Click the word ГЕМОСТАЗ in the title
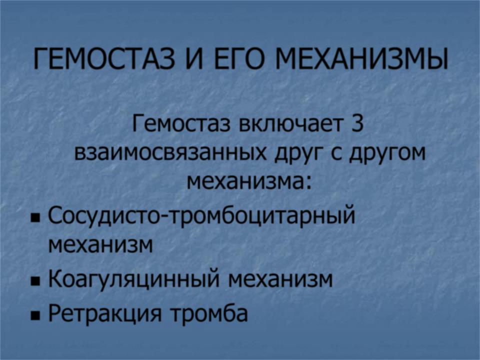[x=104, y=58]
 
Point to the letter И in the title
[x=194, y=58]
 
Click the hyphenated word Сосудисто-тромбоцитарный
[x=201, y=216]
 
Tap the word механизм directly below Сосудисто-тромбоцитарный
[x=100, y=244]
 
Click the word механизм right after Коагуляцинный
[x=280, y=279]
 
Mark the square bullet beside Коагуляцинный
[x=35, y=280]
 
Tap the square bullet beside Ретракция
[x=35, y=315]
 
